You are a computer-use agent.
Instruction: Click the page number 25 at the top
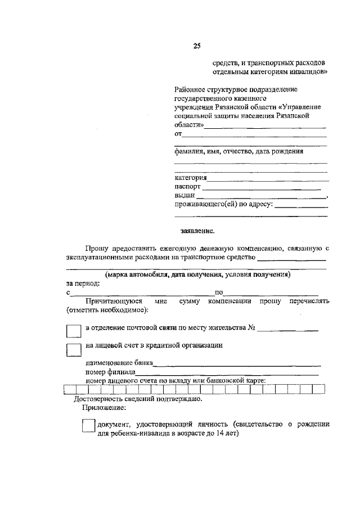pos(197,46)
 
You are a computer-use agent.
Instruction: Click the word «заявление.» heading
pos(197,230)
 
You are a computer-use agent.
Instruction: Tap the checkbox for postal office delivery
pos(73,331)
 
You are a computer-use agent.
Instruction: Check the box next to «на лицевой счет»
pos(73,349)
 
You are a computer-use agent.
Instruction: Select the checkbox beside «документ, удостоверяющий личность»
pos(88,426)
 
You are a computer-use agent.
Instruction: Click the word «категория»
pos(191,178)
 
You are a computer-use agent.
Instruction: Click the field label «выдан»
pos(184,195)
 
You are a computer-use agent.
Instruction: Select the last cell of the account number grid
pos(319,388)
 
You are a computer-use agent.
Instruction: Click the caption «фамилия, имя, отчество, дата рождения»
pos(239,151)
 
